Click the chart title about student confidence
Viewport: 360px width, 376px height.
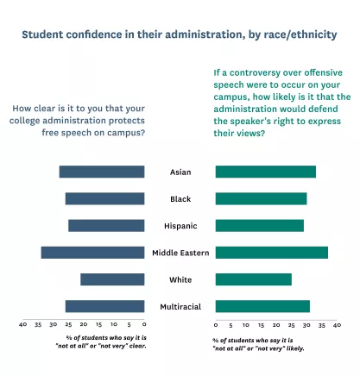180,35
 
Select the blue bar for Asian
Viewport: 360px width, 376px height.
102,172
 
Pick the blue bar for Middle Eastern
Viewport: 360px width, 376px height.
92,253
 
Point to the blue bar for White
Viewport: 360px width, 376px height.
112,279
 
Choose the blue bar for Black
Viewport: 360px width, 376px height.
104,199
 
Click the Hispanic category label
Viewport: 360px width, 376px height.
180,226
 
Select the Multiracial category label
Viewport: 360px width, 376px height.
180,306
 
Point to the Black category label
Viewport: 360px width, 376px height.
180,199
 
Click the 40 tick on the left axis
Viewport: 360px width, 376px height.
23,325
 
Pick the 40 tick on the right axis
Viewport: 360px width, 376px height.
337,325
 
